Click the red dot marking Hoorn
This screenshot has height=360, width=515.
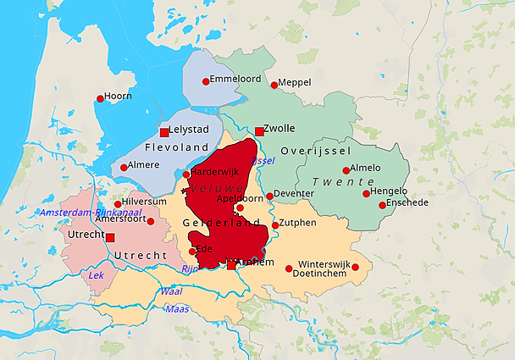tap(100, 98)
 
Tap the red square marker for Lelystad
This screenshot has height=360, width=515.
tap(164, 132)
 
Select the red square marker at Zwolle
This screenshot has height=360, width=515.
tap(259, 131)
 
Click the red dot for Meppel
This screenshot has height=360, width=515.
tap(274, 85)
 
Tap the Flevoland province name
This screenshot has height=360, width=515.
tap(171, 147)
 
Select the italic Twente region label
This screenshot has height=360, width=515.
tap(343, 182)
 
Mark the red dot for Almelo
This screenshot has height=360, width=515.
tap(346, 170)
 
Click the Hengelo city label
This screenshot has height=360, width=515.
tap(389, 191)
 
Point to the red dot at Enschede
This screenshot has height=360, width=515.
tap(382, 205)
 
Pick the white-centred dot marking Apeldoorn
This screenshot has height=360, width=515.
tap(240, 208)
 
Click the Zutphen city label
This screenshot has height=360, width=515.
tap(297, 223)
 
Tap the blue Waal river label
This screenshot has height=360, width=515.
tap(170, 291)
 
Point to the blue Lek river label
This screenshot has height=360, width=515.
tap(97, 275)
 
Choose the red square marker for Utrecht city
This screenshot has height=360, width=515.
tap(109, 238)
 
